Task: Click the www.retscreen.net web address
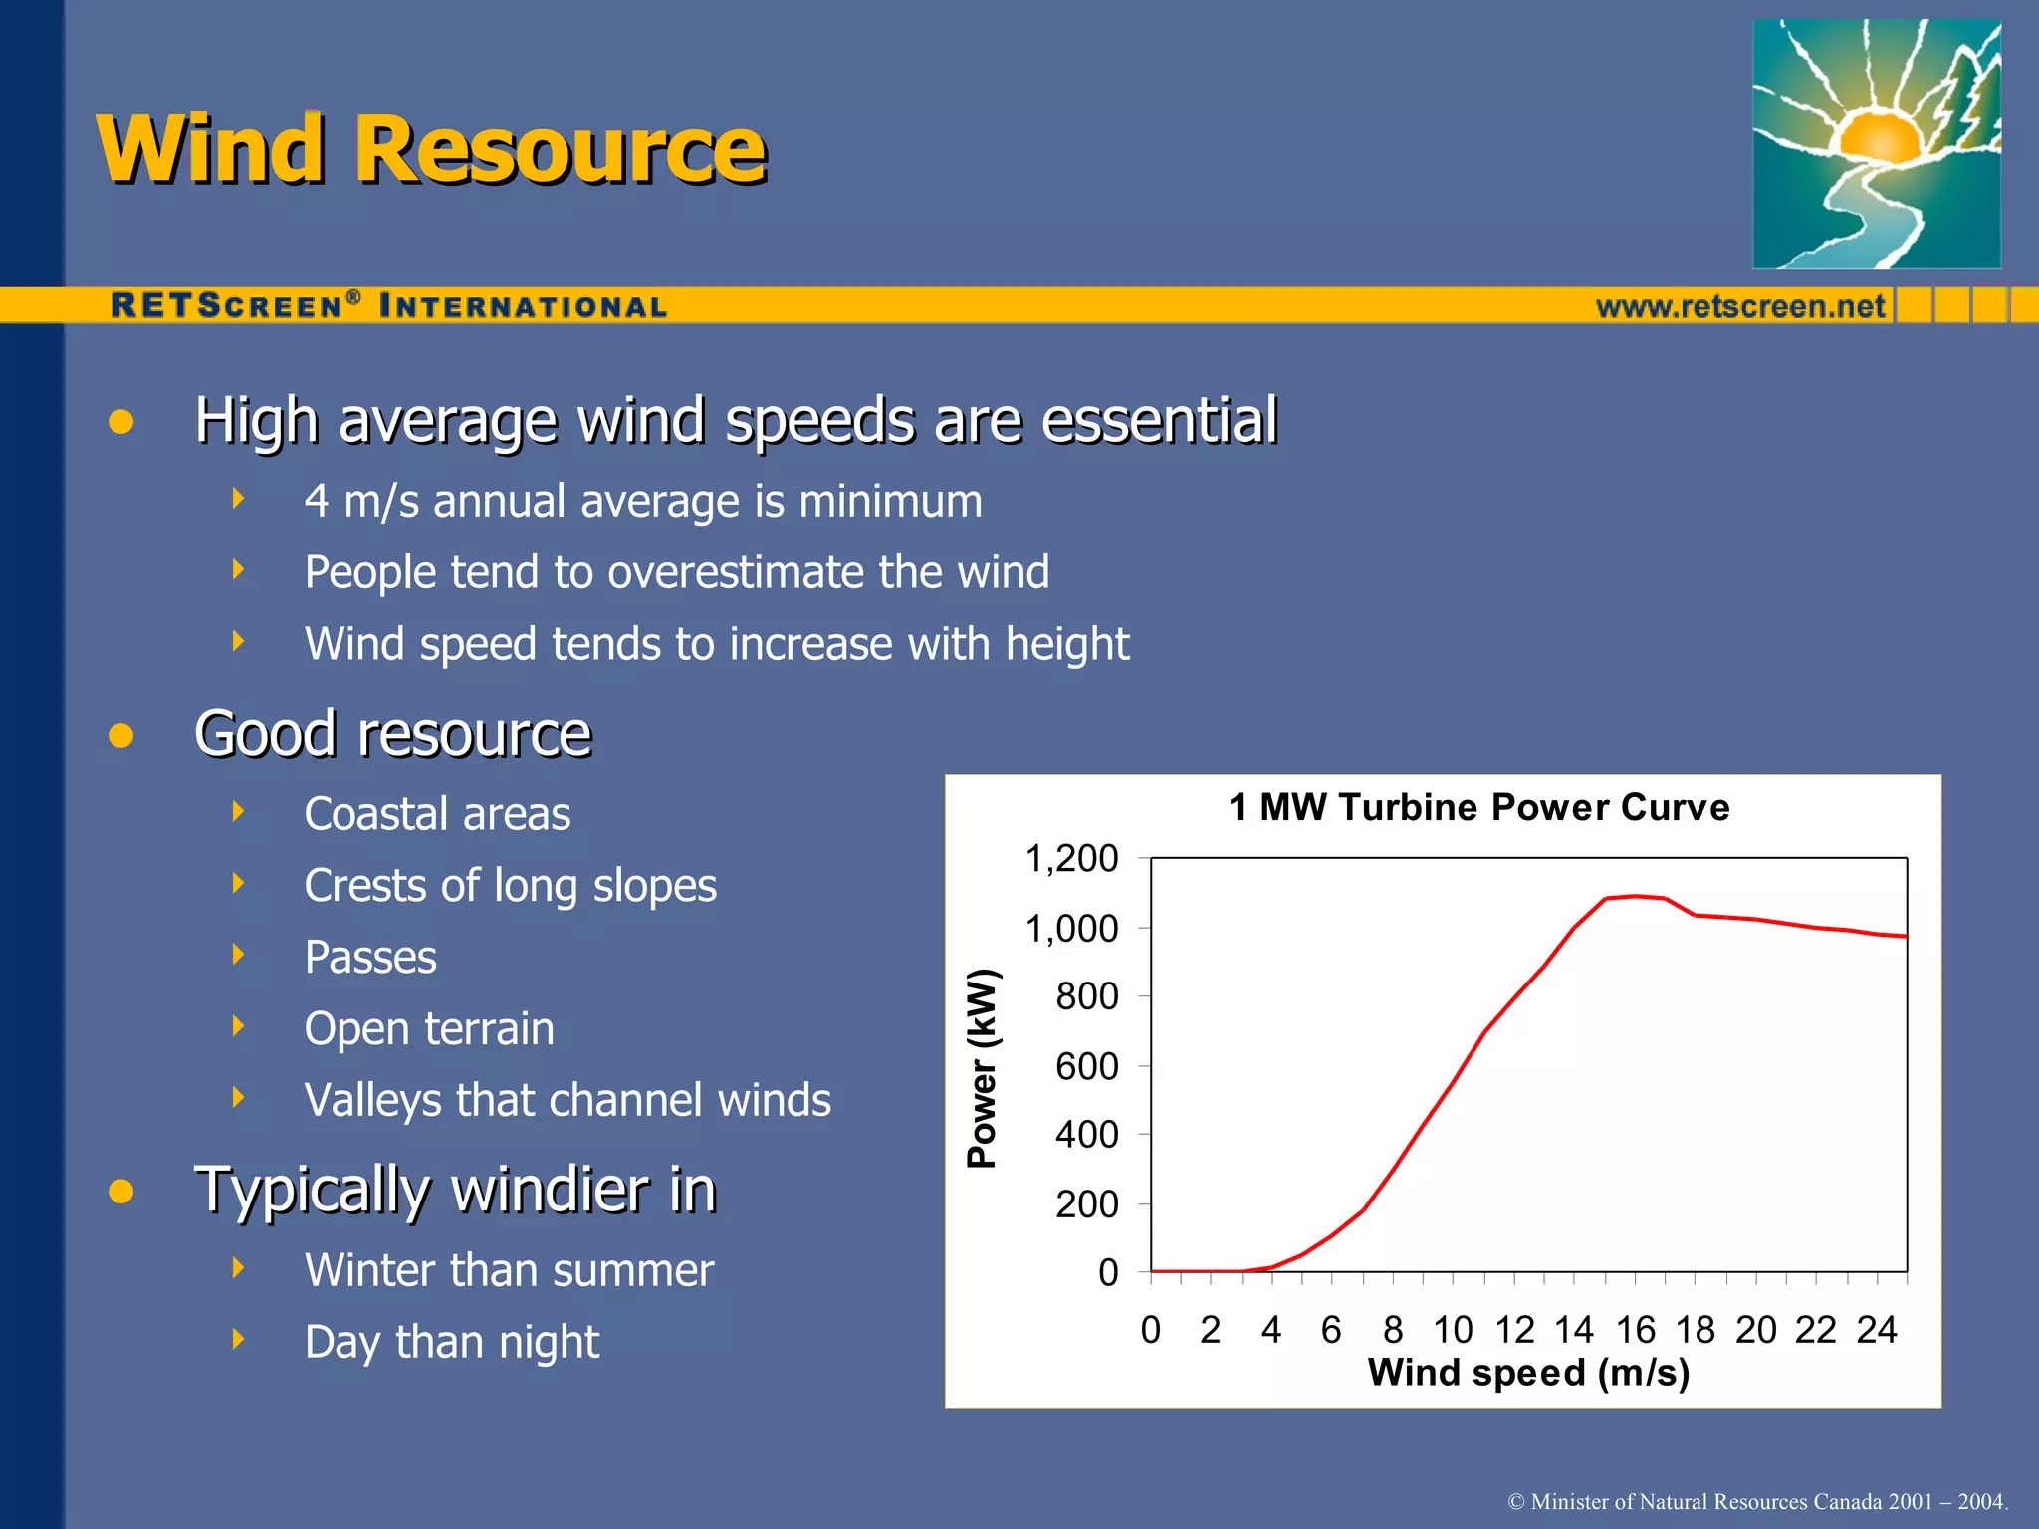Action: (x=1740, y=306)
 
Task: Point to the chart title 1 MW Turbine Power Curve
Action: (x=1478, y=807)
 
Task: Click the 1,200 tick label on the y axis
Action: (x=1071, y=858)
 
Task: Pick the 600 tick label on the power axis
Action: (x=1086, y=1066)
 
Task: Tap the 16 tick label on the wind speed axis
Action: (x=1635, y=1330)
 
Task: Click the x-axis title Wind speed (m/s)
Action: (x=1528, y=1373)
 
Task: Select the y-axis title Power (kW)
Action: (x=982, y=1067)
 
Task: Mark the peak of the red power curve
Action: (x=1635, y=896)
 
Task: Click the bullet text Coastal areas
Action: (x=437, y=814)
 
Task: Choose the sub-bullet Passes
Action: (x=370, y=958)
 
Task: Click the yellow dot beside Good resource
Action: (x=121, y=736)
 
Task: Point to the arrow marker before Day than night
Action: (x=238, y=1339)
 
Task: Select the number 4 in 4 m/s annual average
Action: (x=317, y=501)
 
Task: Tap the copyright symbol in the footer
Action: (x=1516, y=1501)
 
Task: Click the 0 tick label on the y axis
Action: (x=1108, y=1273)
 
